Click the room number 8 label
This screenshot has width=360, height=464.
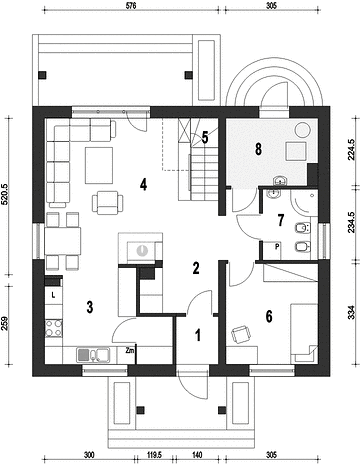[x=258, y=149]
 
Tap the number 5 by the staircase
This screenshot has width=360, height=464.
[x=205, y=137]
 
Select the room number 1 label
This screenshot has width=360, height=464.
[x=198, y=335]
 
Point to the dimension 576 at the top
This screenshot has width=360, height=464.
[x=132, y=6]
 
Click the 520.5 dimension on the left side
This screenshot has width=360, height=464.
[x=6, y=196]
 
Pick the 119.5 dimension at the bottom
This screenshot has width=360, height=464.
[x=154, y=455]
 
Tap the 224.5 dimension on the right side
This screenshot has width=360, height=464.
[x=352, y=150]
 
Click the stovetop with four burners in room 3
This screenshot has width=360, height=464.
[x=54, y=328]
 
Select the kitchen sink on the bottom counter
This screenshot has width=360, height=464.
[x=93, y=355]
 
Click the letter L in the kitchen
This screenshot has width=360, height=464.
[x=53, y=295]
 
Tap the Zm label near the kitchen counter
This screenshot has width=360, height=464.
[x=130, y=350]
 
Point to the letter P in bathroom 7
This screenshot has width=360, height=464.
[x=277, y=247]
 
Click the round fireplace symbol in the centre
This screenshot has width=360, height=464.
[x=142, y=250]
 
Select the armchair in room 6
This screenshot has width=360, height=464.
[x=241, y=334]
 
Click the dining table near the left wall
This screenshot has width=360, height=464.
[x=63, y=241]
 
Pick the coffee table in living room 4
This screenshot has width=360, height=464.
[x=99, y=165]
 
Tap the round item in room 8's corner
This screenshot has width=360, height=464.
[x=304, y=130]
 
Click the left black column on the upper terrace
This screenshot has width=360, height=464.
[x=42, y=75]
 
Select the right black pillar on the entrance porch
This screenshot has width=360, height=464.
[x=222, y=410]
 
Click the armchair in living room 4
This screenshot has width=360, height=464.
[x=108, y=203]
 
